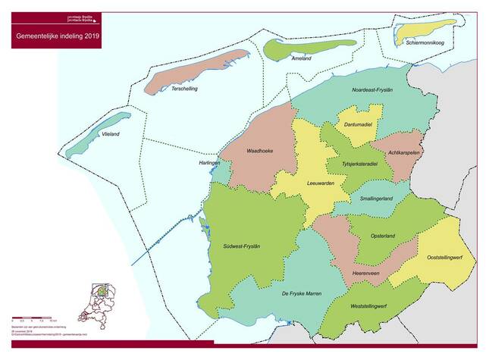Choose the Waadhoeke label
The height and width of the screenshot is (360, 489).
pyautogui.click(x=259, y=151)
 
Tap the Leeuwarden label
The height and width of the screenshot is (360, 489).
pyautogui.click(x=320, y=183)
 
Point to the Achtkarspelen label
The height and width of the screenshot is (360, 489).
pyautogui.click(x=404, y=152)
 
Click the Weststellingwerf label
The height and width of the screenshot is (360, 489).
pyautogui.click(x=369, y=305)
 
